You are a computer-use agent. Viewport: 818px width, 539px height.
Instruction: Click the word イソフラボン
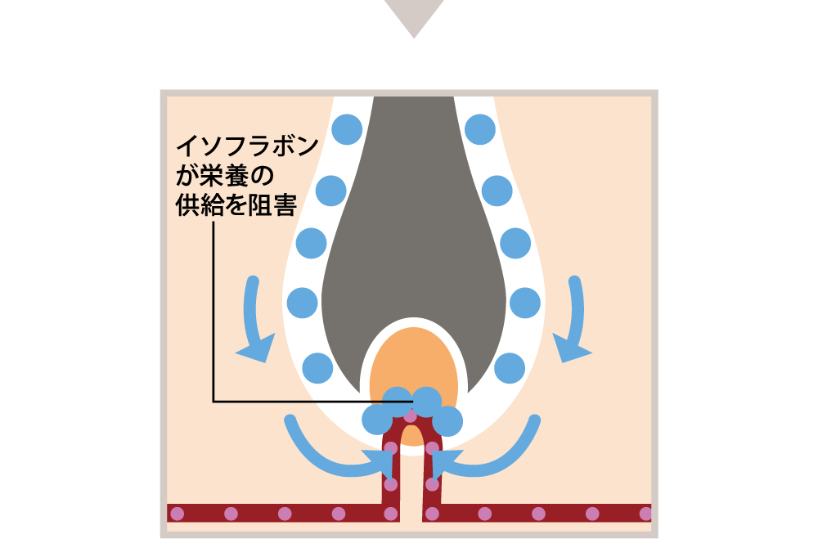point(247,146)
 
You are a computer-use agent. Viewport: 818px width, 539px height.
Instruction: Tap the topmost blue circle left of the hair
point(347,129)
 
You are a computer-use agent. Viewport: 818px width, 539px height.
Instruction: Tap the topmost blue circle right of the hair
point(480,129)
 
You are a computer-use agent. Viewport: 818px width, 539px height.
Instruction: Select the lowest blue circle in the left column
point(317,368)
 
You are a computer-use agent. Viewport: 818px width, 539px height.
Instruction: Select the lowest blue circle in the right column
point(510,368)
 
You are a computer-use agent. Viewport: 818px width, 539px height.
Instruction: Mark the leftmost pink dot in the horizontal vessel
point(177,514)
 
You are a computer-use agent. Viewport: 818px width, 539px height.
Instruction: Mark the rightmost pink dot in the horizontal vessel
point(645,514)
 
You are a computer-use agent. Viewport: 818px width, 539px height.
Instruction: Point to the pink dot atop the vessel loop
point(411,415)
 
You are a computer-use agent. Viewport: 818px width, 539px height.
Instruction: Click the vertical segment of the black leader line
point(213,312)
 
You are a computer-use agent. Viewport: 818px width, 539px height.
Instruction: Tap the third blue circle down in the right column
point(515,243)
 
